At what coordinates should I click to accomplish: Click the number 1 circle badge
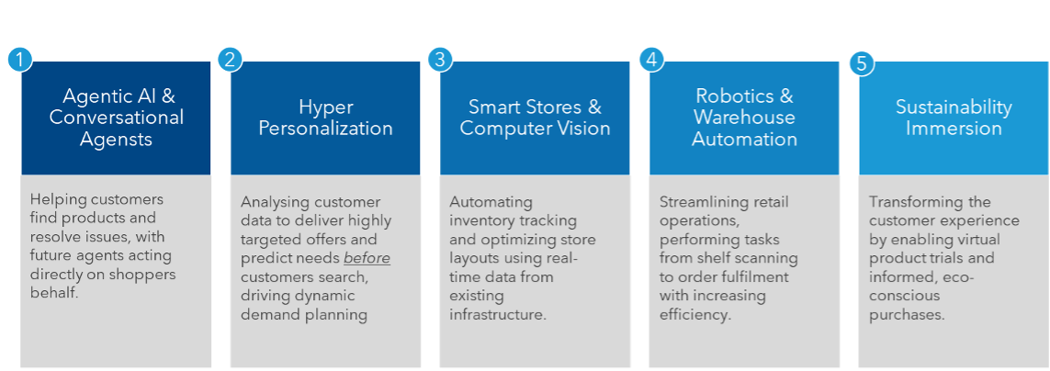point(20,61)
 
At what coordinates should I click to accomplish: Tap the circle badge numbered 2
point(230,61)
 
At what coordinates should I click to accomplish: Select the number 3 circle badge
point(440,61)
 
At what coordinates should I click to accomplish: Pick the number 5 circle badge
point(862,64)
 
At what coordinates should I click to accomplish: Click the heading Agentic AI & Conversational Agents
point(116,118)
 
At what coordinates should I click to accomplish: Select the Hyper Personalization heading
point(325,118)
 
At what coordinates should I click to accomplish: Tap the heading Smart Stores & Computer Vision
point(535,118)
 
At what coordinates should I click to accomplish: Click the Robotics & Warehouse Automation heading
point(744,118)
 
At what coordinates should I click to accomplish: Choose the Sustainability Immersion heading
point(954,118)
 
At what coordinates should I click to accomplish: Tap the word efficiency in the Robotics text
point(694,315)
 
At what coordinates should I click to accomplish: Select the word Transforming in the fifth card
point(917,202)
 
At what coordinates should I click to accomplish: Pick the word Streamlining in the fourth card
point(711,202)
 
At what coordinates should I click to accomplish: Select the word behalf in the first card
point(53,293)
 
